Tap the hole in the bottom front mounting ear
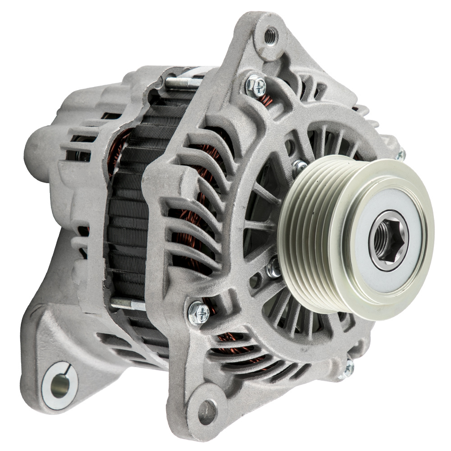coord(207,411)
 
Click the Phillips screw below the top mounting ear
coord(256,86)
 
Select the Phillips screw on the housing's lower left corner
coord(198,312)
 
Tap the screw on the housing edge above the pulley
coord(400,155)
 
